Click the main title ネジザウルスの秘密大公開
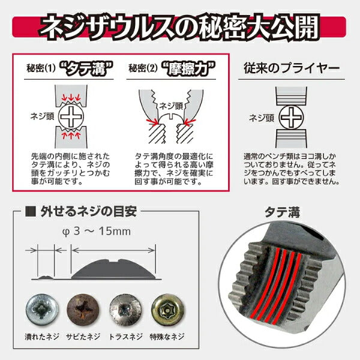click(180, 28)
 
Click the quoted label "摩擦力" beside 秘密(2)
click(183, 68)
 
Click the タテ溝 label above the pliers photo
click(284, 211)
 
